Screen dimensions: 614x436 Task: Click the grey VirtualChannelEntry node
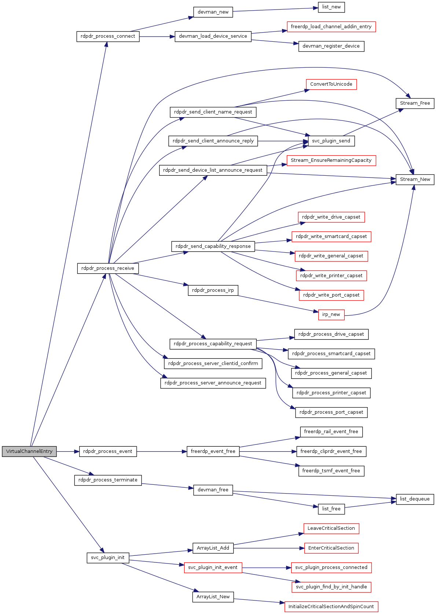[x=29, y=451]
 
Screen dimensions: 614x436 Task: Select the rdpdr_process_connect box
[x=108, y=36]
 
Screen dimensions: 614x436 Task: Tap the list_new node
[x=331, y=7]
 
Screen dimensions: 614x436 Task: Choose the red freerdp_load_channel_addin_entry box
[x=331, y=27]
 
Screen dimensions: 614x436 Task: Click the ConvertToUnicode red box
[x=331, y=84]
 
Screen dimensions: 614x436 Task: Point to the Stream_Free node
[x=415, y=103]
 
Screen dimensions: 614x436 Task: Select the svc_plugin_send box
[x=331, y=141]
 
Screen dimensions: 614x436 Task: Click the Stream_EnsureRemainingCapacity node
[x=331, y=160]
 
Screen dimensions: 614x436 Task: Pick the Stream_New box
[x=415, y=179]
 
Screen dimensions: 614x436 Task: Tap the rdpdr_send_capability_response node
[x=213, y=246]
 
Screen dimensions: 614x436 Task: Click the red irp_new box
[x=331, y=315]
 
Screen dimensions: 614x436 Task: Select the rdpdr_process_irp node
[x=213, y=290]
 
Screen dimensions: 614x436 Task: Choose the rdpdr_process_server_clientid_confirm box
[x=213, y=364]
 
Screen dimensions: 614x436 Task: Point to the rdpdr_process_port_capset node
[x=331, y=412]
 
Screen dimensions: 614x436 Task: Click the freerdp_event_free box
[x=213, y=451]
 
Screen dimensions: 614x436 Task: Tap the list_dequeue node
[x=415, y=499]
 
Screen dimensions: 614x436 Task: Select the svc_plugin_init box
[x=108, y=558]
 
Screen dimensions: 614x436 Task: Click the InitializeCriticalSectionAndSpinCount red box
[x=331, y=607]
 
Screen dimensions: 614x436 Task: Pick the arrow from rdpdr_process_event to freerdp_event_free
[x=161, y=451]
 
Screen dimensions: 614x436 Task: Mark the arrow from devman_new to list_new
[x=275, y=10]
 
